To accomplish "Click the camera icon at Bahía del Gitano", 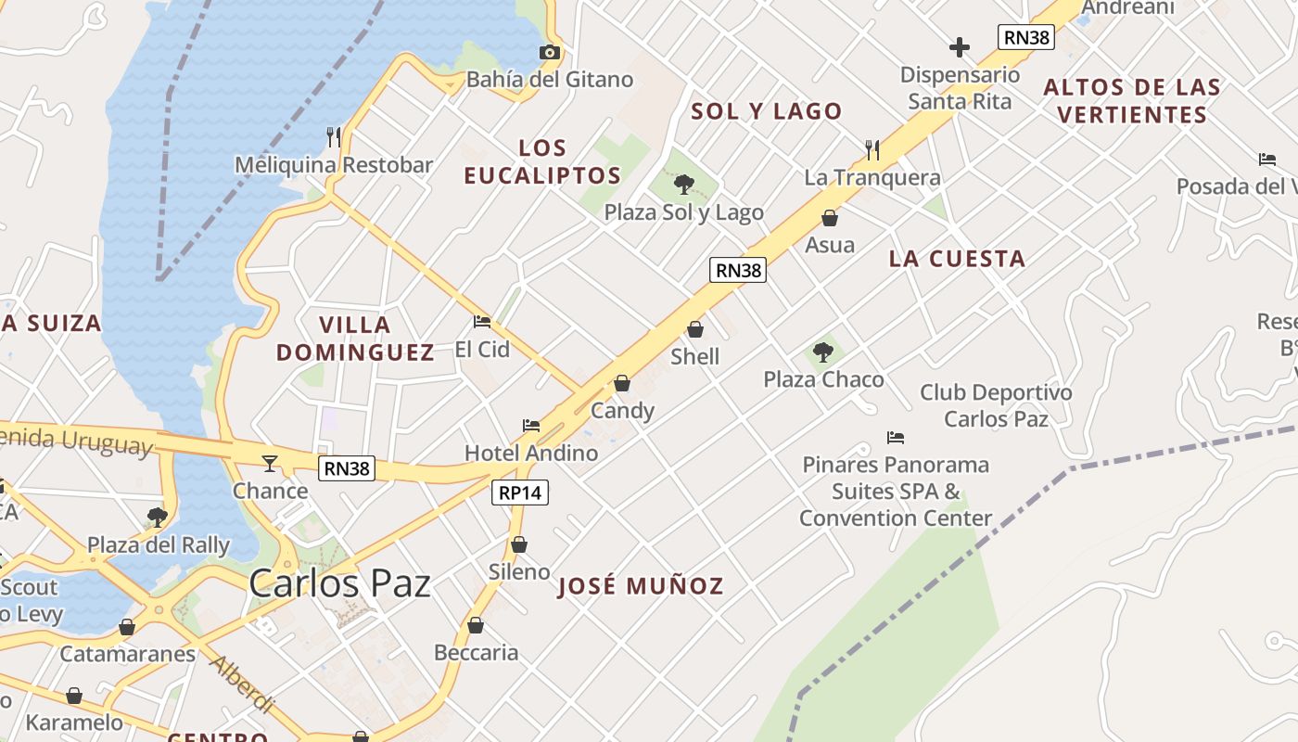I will point(550,52).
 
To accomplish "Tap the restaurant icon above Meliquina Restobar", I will point(334,137).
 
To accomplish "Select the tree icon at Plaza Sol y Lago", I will point(684,185).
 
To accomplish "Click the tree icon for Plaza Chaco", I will point(822,352).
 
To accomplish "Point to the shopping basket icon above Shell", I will point(695,329).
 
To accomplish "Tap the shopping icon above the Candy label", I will point(622,383).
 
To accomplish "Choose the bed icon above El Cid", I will point(482,322).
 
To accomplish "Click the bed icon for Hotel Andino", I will point(531,426).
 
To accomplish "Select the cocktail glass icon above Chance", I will point(270,463).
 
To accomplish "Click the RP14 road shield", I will point(519,493).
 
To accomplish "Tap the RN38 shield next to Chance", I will point(347,468).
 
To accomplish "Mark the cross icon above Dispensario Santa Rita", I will point(960,46).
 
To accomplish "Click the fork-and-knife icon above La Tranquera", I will point(872,149).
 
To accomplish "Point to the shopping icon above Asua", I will point(830,218).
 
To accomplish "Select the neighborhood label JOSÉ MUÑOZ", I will point(640,586).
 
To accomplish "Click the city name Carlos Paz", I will point(339,583).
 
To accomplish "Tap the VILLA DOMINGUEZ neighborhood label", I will point(355,339).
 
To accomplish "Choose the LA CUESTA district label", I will point(957,259).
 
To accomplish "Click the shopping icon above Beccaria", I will point(476,626).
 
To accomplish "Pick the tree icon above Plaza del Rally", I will point(158,517).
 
